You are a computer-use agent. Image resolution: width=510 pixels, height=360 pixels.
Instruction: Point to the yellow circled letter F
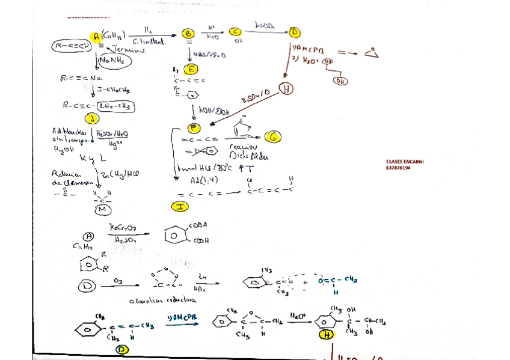[194, 127]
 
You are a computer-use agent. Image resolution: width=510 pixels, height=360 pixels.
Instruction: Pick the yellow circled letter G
[274, 138]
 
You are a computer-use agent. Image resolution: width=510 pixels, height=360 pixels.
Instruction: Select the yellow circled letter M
[103, 208]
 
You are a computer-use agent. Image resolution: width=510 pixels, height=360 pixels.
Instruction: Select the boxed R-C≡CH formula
[72, 46]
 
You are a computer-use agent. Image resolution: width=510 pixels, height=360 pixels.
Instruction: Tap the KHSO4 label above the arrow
[265, 26]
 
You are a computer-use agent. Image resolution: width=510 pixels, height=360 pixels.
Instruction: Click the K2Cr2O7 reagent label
[122, 227]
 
